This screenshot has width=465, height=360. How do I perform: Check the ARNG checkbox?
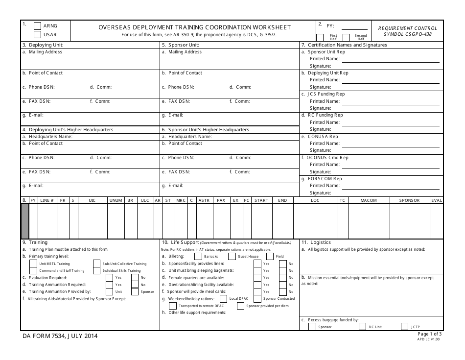37,26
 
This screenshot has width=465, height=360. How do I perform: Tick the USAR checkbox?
37,35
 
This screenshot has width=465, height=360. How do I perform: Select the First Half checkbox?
320,37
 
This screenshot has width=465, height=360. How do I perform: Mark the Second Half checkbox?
347,37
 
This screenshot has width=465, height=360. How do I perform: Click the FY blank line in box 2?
354,27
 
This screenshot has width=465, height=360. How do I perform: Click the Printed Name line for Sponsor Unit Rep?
390,59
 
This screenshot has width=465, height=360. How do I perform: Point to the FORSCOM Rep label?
325,179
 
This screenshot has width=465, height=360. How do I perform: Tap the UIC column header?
92,200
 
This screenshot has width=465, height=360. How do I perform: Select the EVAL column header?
437,200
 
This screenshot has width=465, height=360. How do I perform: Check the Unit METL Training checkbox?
33,264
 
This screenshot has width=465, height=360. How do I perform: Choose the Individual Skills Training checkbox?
96,270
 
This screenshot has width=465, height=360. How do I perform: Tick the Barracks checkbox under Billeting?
198,256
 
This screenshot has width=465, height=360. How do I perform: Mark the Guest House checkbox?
232,256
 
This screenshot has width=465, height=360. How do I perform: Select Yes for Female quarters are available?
257,277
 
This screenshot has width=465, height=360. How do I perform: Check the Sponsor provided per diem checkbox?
240,306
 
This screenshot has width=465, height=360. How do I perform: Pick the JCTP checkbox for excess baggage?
405,327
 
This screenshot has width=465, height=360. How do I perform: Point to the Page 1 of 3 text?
429,334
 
